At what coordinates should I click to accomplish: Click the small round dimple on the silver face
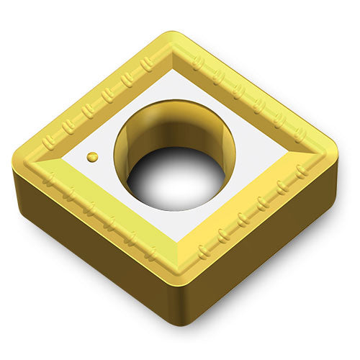tap(92, 156)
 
